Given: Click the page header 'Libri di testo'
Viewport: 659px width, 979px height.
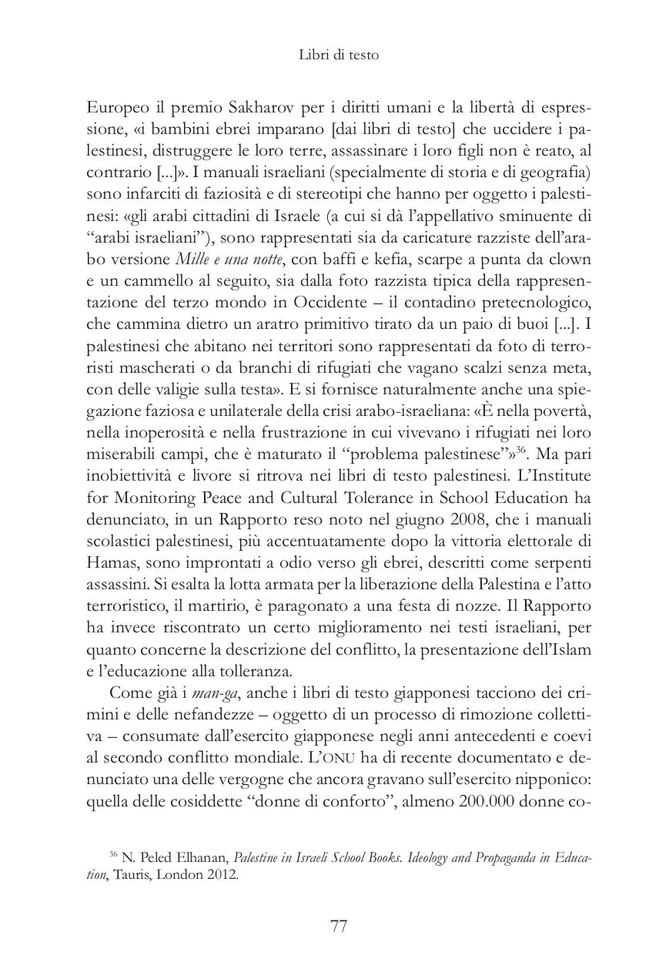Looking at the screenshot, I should coord(339,55).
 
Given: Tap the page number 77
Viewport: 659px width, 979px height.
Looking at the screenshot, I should coord(339,927).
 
